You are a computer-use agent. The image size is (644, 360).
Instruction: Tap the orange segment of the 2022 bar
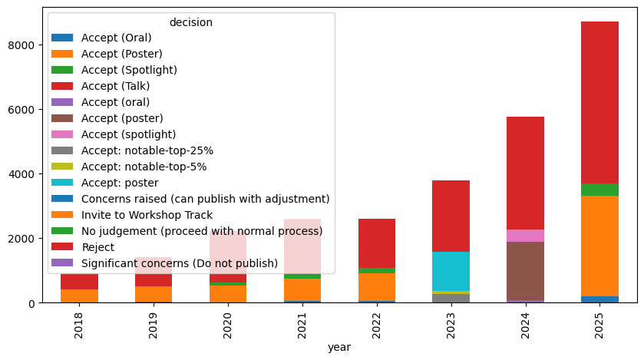point(376,287)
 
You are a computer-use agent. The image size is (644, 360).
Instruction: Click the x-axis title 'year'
point(339,348)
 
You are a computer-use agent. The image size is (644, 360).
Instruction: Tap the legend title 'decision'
point(190,22)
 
